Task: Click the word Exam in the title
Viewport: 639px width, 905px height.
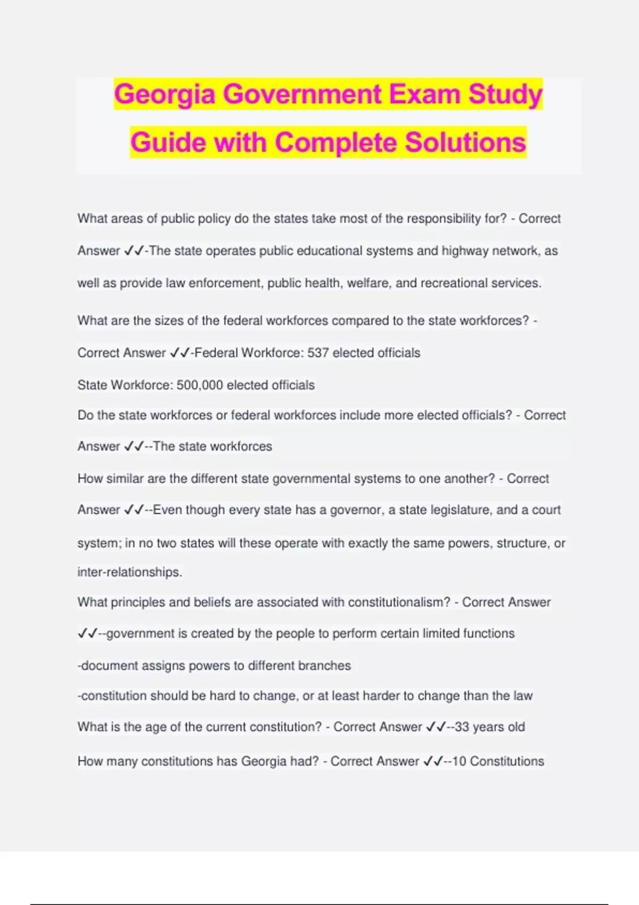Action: tap(424, 94)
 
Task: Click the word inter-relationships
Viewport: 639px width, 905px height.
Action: tap(130, 572)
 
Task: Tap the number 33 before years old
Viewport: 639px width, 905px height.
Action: tap(462, 727)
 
